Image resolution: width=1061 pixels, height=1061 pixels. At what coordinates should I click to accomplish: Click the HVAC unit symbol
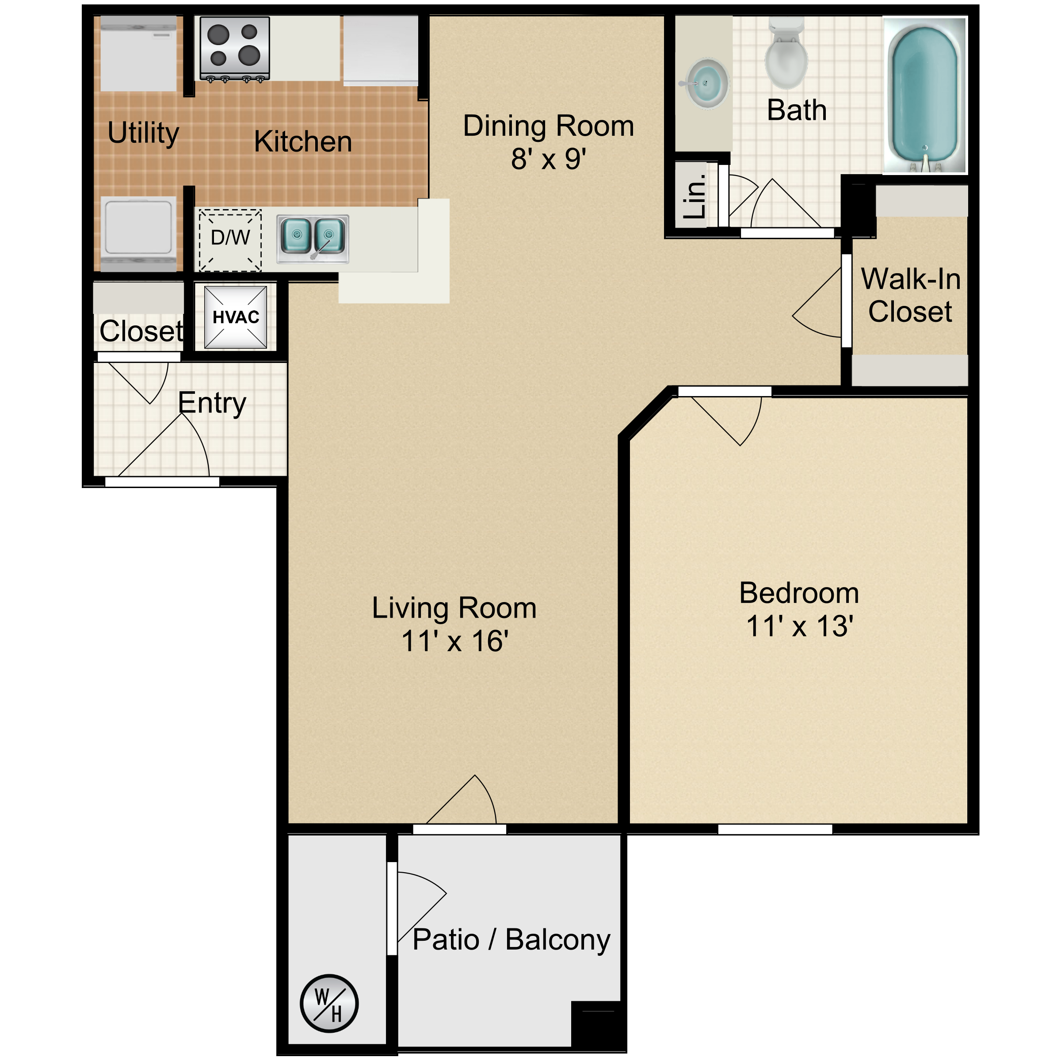tap(236, 317)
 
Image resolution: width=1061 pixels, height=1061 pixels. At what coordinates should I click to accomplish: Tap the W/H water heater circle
tap(329, 1004)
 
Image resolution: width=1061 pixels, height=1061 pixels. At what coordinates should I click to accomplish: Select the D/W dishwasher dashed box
tap(230, 240)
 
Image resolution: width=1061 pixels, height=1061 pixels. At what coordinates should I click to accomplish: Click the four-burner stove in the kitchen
tap(234, 48)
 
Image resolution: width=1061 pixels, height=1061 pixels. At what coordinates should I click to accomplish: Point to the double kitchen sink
tap(313, 238)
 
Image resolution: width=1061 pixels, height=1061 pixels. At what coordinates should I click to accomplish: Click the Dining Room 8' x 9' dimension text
tap(548, 159)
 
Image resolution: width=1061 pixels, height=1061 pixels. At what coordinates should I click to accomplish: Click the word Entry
tap(212, 403)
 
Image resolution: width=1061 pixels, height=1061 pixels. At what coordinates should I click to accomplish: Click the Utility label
tap(143, 133)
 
